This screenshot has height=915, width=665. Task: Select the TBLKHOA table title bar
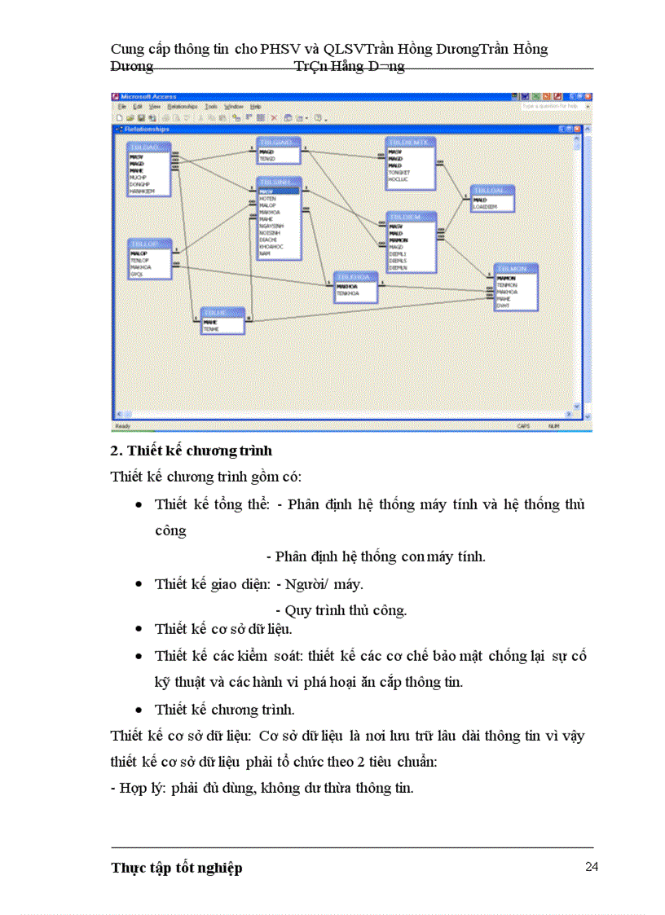(355, 277)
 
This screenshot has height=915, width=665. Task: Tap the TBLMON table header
(516, 268)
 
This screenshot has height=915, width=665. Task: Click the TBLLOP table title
(150, 244)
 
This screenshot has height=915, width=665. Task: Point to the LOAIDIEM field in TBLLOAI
(487, 207)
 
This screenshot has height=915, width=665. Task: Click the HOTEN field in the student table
(268, 199)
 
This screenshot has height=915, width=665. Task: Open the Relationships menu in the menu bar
(183, 107)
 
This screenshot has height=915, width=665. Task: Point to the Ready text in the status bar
(122, 426)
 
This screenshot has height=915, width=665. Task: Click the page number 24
(592, 866)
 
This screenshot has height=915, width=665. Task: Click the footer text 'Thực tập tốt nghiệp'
(177, 868)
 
